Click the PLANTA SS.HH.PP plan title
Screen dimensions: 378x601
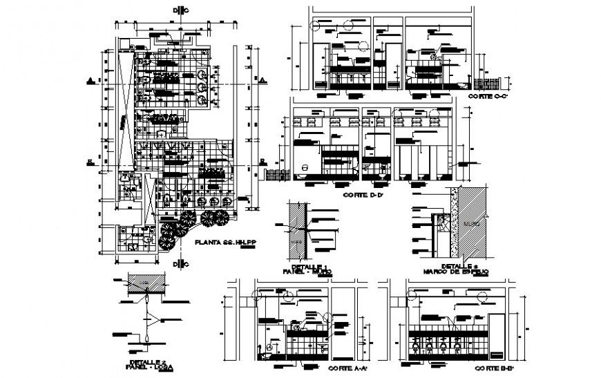[220, 242]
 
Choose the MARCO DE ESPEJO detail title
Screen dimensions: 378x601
[457, 271]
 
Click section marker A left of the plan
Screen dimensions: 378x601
[90, 81]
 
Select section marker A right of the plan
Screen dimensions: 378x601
[262, 81]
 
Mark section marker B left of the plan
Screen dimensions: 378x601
[90, 162]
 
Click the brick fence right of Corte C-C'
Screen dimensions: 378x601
[488, 84]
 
